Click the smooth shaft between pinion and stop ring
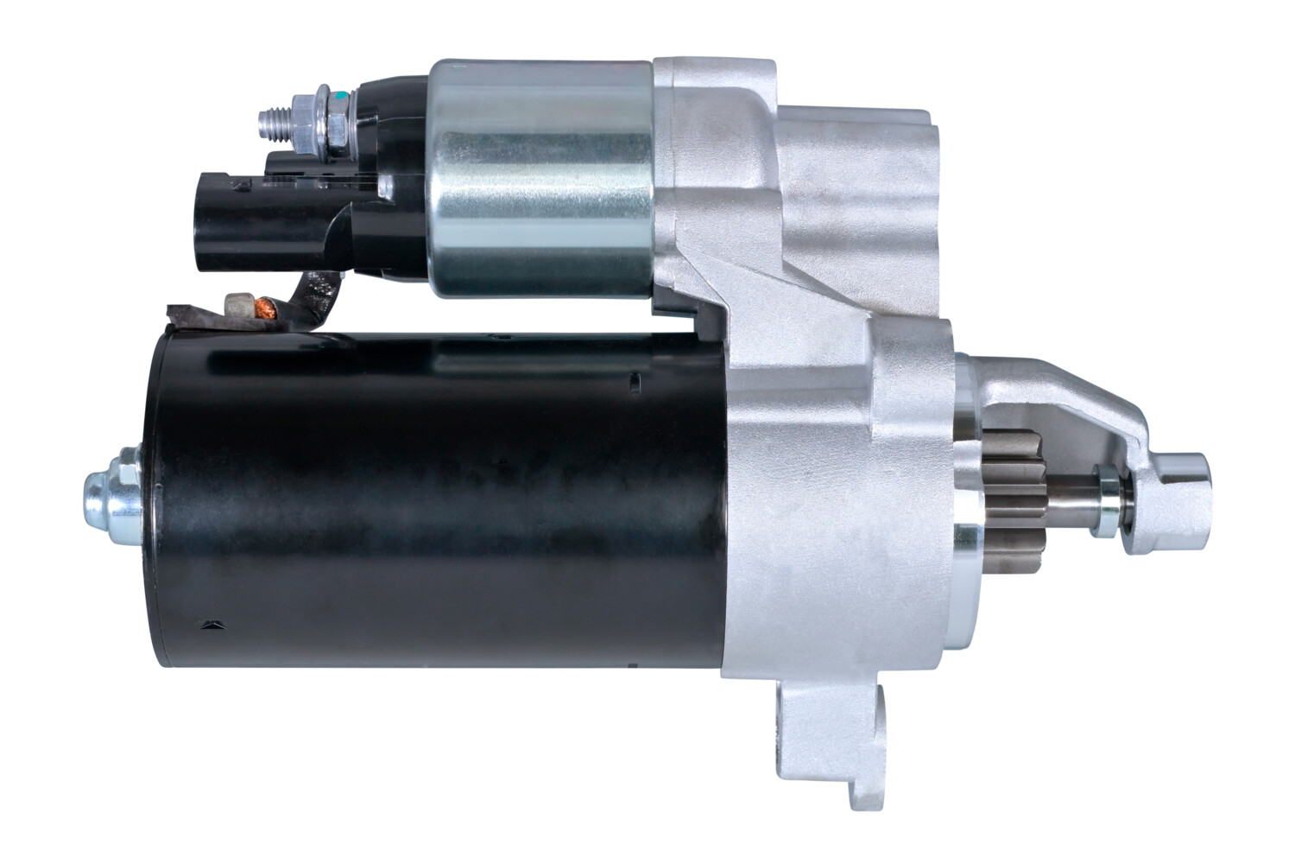pyautogui.click(x=1071, y=501)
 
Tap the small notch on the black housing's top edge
pyautogui.click(x=635, y=380)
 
